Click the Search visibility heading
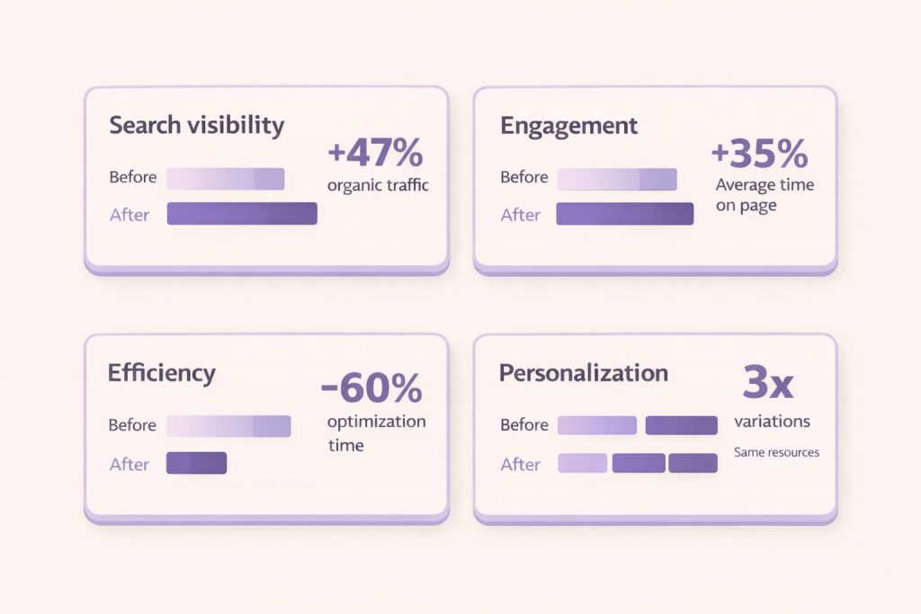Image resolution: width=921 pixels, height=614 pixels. point(196,125)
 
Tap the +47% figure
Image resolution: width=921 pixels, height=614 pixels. point(375,154)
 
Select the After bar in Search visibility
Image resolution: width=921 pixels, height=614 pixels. point(242,213)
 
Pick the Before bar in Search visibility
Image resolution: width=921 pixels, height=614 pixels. point(225,178)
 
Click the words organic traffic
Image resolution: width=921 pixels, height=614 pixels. point(378,186)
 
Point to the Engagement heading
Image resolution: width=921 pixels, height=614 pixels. point(568,126)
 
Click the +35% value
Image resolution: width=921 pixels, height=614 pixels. point(759,154)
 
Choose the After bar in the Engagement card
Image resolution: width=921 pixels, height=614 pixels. point(624,214)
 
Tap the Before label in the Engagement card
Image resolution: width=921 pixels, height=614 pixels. point(523,177)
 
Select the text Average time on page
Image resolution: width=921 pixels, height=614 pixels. point(765,195)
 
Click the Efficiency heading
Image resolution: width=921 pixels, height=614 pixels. point(161,373)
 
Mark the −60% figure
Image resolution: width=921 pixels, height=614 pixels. point(371,388)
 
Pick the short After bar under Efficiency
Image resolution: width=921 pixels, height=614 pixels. point(196,463)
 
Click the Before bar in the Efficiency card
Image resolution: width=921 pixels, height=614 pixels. point(228,425)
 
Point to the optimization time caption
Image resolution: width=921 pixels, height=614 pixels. point(376,433)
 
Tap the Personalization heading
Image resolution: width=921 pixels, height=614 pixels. point(583,373)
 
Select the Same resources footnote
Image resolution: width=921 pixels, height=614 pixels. point(776,452)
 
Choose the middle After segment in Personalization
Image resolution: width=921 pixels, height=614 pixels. point(639,463)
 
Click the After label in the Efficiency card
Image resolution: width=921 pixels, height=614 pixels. point(130,464)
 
